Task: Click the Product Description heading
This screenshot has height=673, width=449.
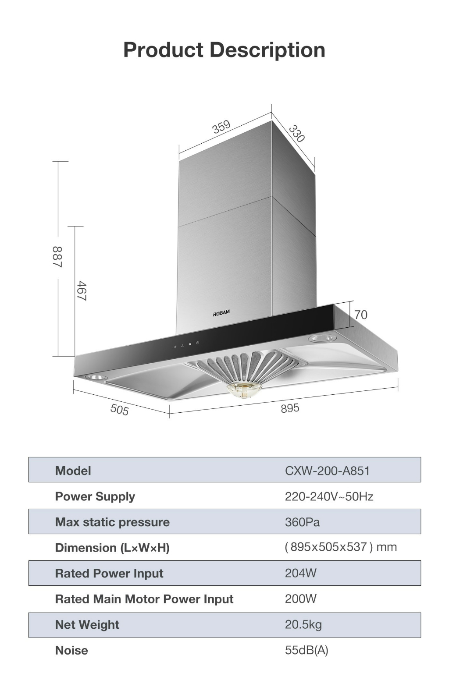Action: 224,50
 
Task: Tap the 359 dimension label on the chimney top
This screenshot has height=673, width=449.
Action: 221,126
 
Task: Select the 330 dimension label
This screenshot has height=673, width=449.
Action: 297,134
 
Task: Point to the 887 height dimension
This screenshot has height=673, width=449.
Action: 57,257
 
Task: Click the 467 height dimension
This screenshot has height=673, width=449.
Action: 81,291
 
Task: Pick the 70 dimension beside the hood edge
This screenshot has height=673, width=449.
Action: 361,315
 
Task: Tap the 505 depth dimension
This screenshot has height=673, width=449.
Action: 119,409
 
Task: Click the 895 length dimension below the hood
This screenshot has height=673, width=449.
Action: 290,408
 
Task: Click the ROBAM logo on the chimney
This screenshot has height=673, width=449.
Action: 221,313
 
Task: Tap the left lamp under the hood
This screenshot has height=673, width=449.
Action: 96,377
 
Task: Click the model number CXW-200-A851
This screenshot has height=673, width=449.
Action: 327,471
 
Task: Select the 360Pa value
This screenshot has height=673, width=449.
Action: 302,522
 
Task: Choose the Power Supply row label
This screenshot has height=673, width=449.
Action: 95,496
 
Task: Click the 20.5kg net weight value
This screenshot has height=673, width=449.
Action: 303,624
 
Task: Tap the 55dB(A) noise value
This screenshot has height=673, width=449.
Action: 306,650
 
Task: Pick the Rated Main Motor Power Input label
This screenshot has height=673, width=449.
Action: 144,599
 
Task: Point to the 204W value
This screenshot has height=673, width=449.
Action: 300,573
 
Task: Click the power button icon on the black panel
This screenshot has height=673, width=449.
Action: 198,343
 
